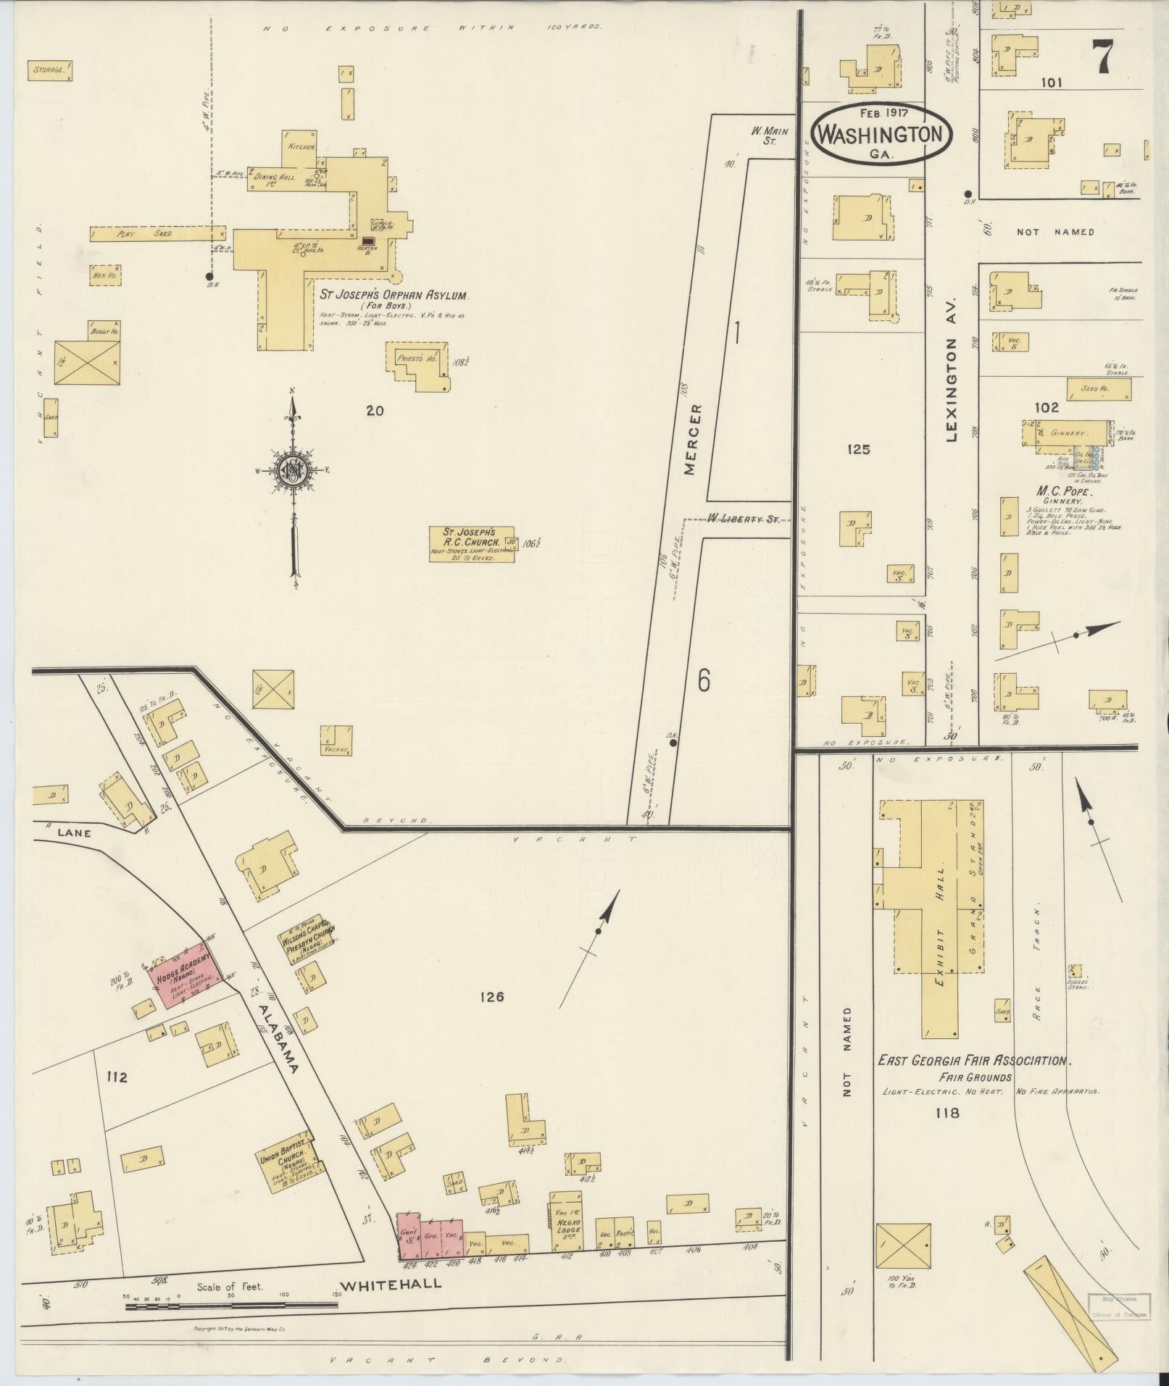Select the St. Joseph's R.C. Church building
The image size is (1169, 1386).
[x=480, y=544]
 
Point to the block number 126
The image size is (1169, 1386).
[x=491, y=998]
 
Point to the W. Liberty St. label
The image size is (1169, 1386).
[x=748, y=519]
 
